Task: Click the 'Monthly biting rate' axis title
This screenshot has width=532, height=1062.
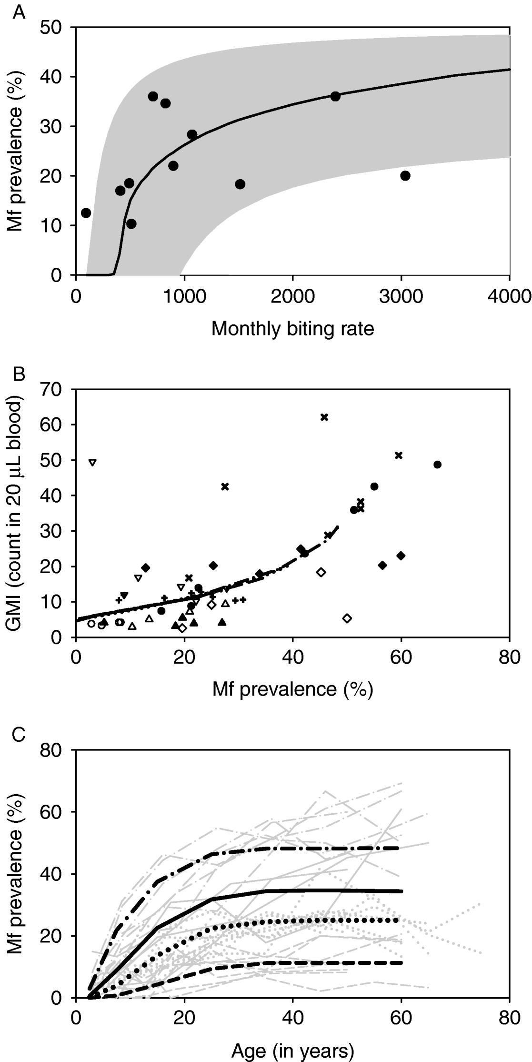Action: pos(292,329)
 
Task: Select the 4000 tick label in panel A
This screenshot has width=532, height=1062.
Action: pos(510,297)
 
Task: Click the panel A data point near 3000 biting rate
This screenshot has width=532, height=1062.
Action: pos(405,175)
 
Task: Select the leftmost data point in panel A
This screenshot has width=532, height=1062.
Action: pos(86,212)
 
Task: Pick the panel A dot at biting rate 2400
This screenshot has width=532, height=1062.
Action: pos(335,96)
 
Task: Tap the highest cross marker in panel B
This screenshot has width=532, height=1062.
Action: pos(324,417)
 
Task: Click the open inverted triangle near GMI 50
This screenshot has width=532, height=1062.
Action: pos(92,462)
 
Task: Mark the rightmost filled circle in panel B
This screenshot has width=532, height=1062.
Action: pos(437,465)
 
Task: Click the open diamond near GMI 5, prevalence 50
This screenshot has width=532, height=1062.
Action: pos(347,618)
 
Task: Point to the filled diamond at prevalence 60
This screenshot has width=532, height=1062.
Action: pos(401,556)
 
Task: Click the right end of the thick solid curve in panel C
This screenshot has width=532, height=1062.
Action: pos(401,891)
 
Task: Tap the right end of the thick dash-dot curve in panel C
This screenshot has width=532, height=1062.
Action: pos(401,848)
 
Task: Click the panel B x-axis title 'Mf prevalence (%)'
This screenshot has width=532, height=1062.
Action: pos(292,689)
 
